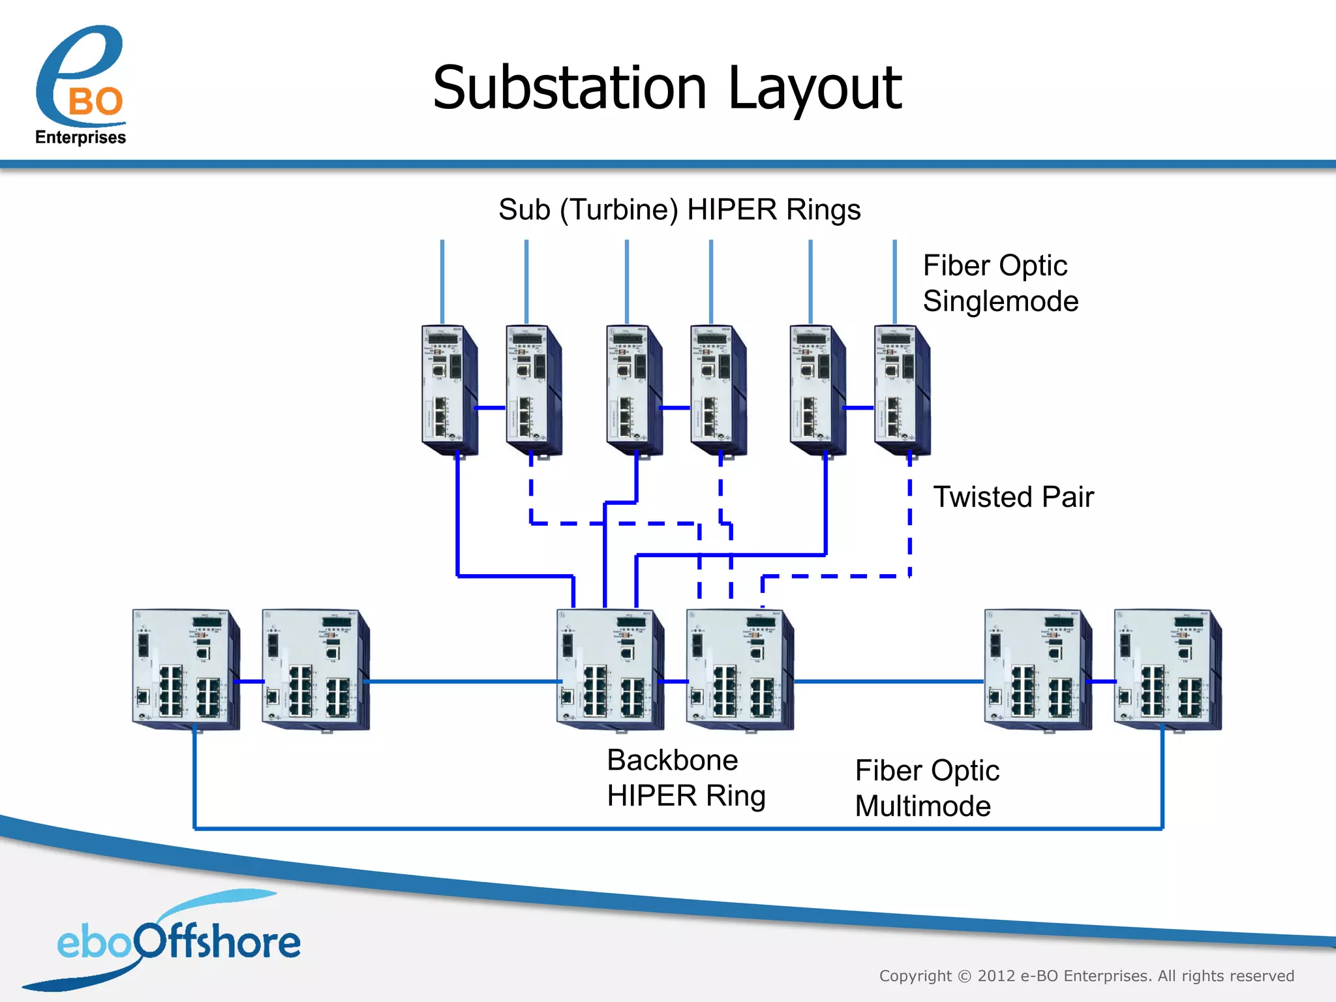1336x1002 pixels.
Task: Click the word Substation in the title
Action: pyautogui.click(x=569, y=88)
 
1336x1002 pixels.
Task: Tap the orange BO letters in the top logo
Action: pyautogui.click(x=96, y=102)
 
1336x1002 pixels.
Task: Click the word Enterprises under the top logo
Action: pyautogui.click(x=80, y=138)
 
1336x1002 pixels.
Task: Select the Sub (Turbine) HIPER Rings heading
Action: pyautogui.click(x=679, y=210)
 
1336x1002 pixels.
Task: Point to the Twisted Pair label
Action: pyautogui.click(x=1013, y=497)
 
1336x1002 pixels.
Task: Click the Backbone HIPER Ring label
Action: pyautogui.click(x=685, y=778)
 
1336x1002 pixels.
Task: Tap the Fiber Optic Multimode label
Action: pyautogui.click(x=926, y=788)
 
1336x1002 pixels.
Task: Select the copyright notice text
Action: pyautogui.click(x=1086, y=976)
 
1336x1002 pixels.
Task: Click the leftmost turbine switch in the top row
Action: pyautogui.click(x=449, y=389)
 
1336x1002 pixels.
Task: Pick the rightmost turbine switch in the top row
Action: pyautogui.click(x=902, y=389)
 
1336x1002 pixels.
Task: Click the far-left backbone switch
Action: pyautogui.click(x=185, y=669)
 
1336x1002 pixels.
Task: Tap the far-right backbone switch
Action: pyautogui.click(x=1167, y=669)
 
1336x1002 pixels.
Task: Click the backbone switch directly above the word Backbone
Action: pyautogui.click(x=609, y=669)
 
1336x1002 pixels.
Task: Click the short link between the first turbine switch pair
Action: pyautogui.click(x=490, y=408)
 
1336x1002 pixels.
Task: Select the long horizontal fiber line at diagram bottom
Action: pyautogui.click(x=678, y=828)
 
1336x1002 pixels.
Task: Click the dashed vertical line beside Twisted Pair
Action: pyautogui.click(x=910, y=515)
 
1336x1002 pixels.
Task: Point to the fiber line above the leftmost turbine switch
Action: pyautogui.click(x=442, y=281)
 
